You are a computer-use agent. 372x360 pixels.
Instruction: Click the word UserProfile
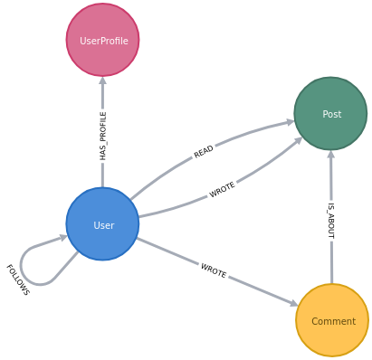click(x=103, y=41)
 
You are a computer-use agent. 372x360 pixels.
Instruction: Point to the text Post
click(x=331, y=115)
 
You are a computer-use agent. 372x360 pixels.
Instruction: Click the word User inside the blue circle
click(x=103, y=225)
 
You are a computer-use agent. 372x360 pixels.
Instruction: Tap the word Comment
click(x=333, y=321)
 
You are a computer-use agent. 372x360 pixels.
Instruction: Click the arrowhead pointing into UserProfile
click(x=102, y=82)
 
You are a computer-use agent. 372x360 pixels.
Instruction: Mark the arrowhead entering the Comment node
click(x=293, y=304)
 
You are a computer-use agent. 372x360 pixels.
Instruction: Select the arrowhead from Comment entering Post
click(x=330, y=156)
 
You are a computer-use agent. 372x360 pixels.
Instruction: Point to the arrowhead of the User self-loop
click(x=63, y=238)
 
